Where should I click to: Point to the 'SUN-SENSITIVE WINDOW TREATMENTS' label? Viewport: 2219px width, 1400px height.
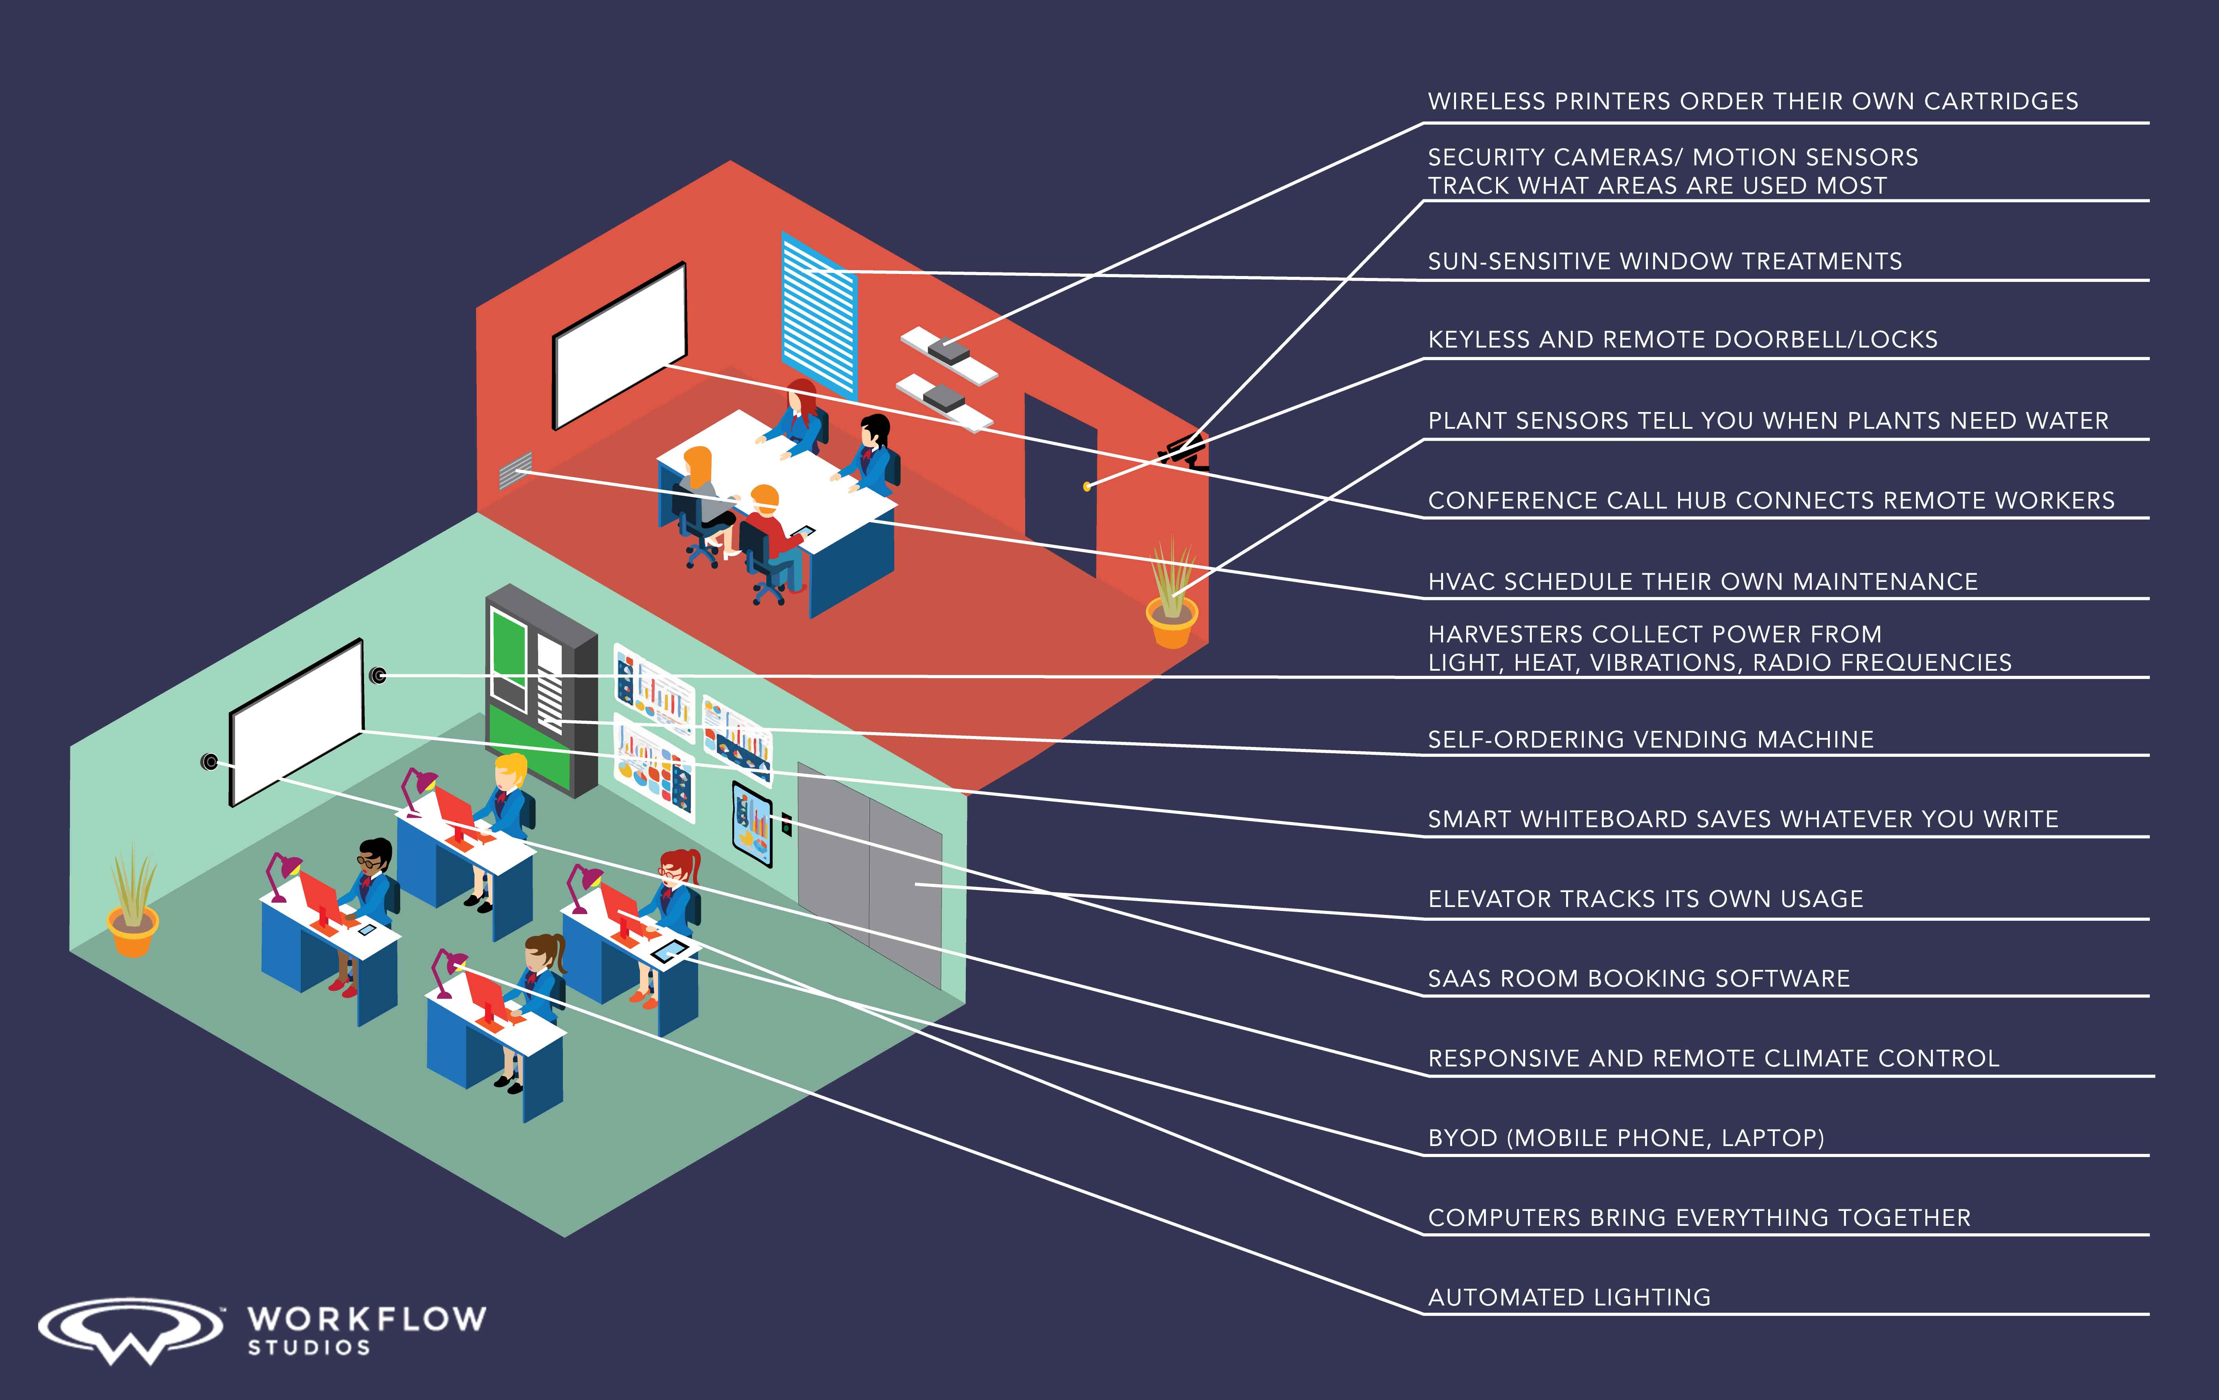[1664, 262]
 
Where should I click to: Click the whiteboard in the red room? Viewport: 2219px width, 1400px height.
[619, 346]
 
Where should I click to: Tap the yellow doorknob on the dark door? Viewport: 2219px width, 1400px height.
[1087, 486]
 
